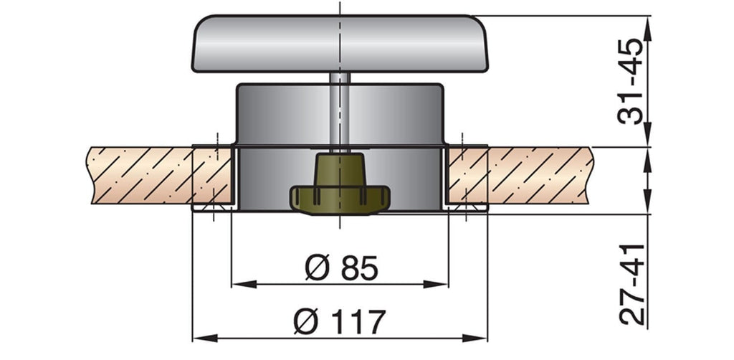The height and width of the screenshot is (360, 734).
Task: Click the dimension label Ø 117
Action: click(x=340, y=322)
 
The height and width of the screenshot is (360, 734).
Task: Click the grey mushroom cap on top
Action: click(x=340, y=43)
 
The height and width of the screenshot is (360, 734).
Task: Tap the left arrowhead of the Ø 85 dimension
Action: click(x=239, y=284)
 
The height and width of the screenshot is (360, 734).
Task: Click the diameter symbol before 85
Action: click(x=315, y=268)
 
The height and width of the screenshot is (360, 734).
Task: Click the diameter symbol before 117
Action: click(x=305, y=322)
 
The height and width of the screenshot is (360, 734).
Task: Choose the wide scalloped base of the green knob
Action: click(x=340, y=199)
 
